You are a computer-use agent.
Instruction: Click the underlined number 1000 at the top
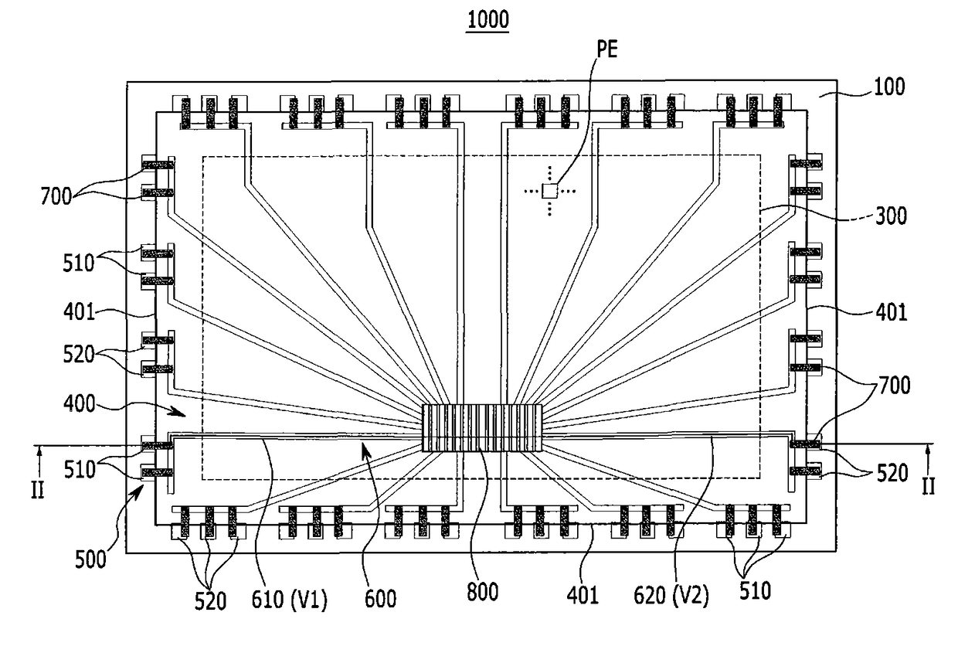[487, 19]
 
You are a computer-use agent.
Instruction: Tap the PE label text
[607, 49]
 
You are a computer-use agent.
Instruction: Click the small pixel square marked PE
[549, 191]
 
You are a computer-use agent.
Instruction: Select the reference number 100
[889, 87]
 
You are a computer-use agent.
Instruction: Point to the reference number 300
[892, 216]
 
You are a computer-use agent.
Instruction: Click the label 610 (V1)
[290, 600]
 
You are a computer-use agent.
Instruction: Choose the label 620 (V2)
[671, 595]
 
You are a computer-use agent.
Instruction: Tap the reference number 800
[482, 593]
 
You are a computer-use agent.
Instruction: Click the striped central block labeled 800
[482, 427]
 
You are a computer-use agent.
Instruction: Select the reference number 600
[380, 598]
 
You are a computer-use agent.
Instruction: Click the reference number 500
[90, 559]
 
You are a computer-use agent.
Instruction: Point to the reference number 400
[79, 404]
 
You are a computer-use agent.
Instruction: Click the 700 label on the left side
[56, 197]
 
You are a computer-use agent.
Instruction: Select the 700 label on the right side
[895, 386]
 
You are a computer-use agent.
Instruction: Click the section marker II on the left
[38, 490]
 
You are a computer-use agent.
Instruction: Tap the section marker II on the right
[928, 487]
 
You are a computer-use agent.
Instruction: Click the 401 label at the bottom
[583, 595]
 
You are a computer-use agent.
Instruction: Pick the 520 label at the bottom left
[210, 601]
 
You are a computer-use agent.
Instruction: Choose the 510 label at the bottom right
[756, 590]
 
